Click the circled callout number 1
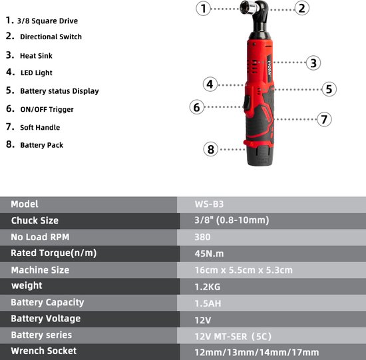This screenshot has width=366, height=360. pyautogui.click(x=204, y=9)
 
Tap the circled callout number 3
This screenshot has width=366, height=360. pyautogui.click(x=313, y=63)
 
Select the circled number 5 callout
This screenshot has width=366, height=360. pyautogui.click(x=329, y=89)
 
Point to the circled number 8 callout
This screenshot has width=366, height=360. pyautogui.click(x=210, y=150)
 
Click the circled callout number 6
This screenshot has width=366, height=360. pyautogui.click(x=197, y=107)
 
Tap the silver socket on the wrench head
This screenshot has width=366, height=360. pyautogui.click(x=250, y=7)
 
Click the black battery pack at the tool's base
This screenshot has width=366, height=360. pyautogui.click(x=259, y=156)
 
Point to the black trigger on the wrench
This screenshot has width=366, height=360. pyautogui.click(x=246, y=103)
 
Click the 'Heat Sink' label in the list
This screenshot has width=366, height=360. pyautogui.click(x=36, y=56)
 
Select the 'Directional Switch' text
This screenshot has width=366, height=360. pyautogui.click(x=51, y=37)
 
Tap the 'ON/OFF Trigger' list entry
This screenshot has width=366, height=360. pyautogui.click(x=47, y=109)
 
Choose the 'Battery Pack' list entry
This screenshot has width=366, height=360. pyautogui.click(x=42, y=145)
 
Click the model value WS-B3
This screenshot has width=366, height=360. pyautogui.click(x=209, y=204)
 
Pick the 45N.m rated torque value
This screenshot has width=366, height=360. pyautogui.click(x=209, y=254)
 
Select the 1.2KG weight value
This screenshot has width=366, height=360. pyautogui.click(x=208, y=287)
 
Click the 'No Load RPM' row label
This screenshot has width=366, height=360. pyautogui.click(x=40, y=237)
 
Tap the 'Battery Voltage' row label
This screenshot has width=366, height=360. pyautogui.click(x=46, y=319)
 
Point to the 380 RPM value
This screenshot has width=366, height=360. pyautogui.click(x=202, y=237)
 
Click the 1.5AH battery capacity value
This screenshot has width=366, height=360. pyautogui.click(x=208, y=303)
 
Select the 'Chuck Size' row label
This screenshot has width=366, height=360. pyautogui.click(x=35, y=221)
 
